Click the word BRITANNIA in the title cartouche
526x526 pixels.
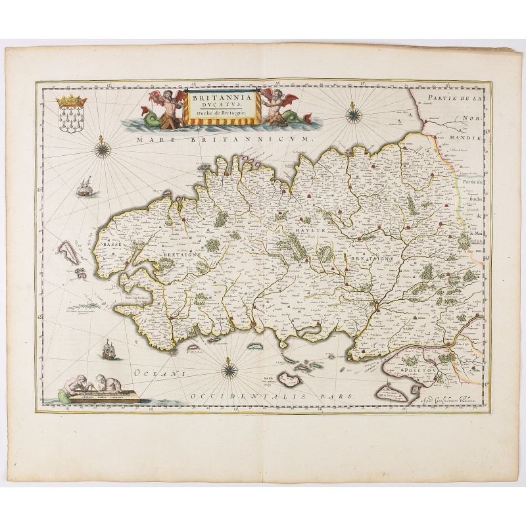click(x=215, y=97)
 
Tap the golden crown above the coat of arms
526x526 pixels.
click(x=71, y=101)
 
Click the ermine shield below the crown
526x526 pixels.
click(x=70, y=120)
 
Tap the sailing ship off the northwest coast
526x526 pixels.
click(x=85, y=189)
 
